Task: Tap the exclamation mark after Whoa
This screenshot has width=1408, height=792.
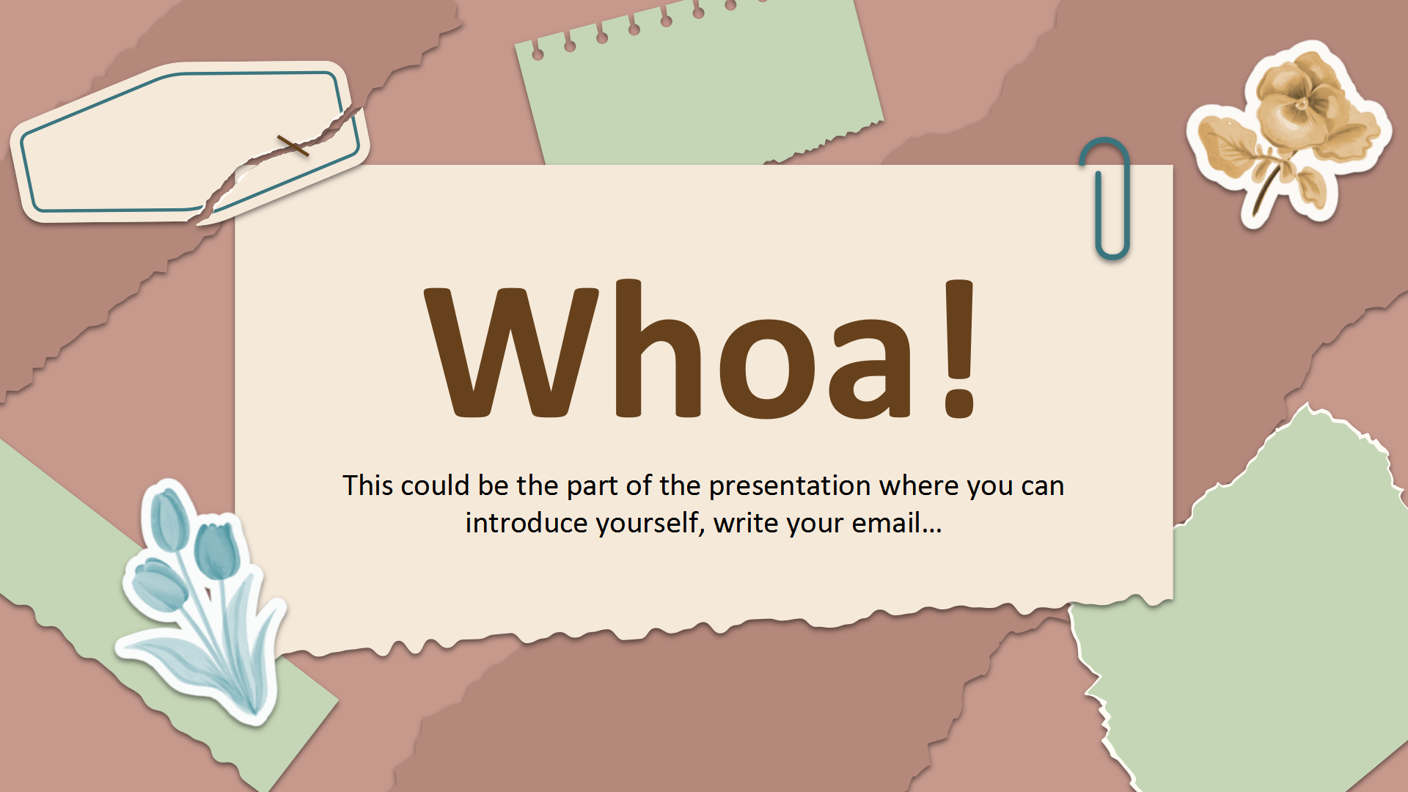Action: (x=959, y=349)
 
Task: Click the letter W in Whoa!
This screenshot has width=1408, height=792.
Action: (x=512, y=352)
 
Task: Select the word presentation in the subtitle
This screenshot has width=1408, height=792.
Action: (x=789, y=486)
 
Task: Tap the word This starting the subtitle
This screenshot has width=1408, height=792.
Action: (x=369, y=485)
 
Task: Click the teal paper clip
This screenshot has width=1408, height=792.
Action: (x=1104, y=198)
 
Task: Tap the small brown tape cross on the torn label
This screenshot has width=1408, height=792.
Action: (x=293, y=146)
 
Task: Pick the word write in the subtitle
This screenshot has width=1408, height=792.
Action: (x=746, y=523)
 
